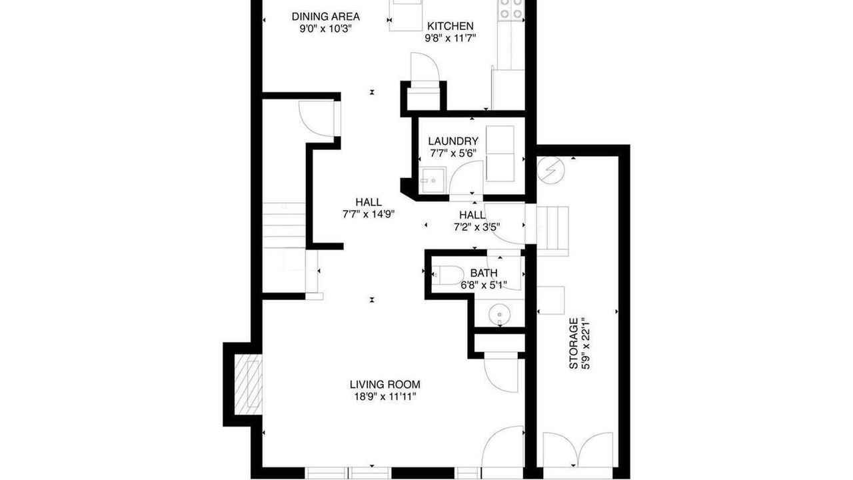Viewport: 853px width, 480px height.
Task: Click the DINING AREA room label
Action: tap(326, 17)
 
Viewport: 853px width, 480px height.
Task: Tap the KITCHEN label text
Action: tap(450, 26)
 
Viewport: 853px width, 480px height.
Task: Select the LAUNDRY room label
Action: tap(452, 141)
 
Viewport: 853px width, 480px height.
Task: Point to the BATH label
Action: tap(484, 273)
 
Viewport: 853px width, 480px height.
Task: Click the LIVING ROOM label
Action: tap(385, 385)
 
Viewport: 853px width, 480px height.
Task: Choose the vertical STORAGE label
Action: tap(574, 343)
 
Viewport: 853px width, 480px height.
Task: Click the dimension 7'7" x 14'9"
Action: tap(369, 215)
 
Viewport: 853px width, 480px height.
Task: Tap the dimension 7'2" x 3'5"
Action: tap(476, 227)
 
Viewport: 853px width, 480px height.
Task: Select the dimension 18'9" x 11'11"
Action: tap(385, 397)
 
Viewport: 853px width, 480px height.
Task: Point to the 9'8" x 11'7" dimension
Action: tap(450, 39)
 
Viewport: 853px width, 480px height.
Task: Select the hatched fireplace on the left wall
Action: tap(248, 384)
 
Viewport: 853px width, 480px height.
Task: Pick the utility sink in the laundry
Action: tap(432, 181)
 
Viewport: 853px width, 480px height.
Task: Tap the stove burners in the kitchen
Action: tap(511, 9)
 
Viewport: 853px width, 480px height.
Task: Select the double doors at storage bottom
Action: tap(578, 450)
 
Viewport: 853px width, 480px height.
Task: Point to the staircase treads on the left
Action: tap(284, 225)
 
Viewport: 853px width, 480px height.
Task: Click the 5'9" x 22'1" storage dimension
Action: tap(586, 343)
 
